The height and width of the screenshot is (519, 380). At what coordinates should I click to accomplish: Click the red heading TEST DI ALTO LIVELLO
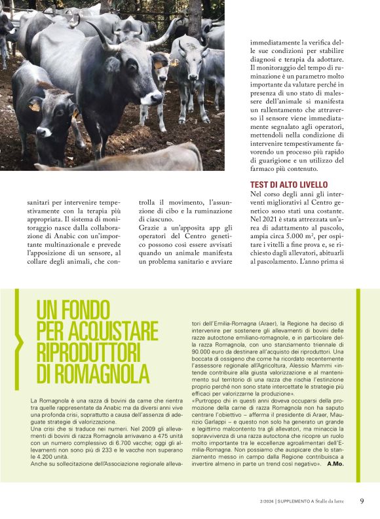[289, 185]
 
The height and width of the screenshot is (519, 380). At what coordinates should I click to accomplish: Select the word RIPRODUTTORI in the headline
[88, 352]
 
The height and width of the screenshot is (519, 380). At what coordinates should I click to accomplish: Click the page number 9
[362, 501]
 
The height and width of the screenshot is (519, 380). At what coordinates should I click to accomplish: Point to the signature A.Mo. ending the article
[335, 463]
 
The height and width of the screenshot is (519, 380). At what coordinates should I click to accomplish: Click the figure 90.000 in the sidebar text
[201, 352]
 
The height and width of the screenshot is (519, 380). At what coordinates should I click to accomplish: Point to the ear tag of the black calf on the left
[35, 105]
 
